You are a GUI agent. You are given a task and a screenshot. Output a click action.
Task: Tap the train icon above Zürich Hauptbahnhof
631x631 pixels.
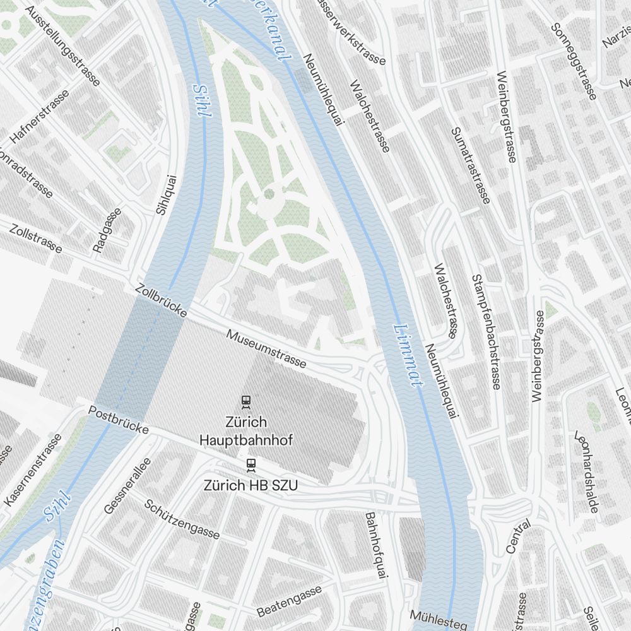[x=246, y=401]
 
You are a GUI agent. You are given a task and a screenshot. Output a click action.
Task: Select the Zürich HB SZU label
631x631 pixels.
[x=251, y=485]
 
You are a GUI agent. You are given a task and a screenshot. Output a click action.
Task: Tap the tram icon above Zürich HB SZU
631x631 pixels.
[x=251, y=465]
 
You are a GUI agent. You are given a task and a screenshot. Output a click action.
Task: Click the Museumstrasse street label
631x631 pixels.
[x=267, y=349]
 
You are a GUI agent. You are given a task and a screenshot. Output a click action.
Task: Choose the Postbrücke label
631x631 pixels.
[x=119, y=420]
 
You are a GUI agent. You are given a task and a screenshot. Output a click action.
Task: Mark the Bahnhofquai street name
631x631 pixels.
[x=375, y=545]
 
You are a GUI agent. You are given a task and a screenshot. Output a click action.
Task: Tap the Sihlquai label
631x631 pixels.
[x=165, y=194]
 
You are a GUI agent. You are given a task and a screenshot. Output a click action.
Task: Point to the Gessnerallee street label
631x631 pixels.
[x=127, y=485]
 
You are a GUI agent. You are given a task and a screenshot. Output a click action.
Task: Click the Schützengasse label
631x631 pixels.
[x=182, y=519]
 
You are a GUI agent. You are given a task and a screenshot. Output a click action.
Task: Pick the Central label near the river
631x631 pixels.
[x=519, y=538]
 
